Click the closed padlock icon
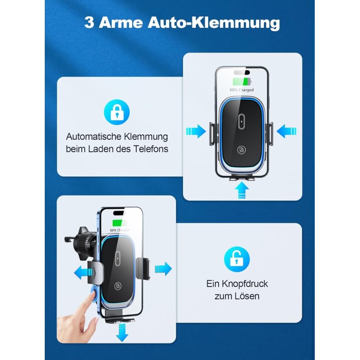point(117,112)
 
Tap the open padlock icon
point(237,259)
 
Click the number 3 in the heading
point(89,23)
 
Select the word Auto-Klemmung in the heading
point(214,23)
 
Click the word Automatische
point(94,137)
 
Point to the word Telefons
point(151,149)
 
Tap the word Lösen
point(249,296)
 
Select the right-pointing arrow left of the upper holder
point(196,131)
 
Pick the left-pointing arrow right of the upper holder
point(286,131)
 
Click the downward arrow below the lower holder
point(122,332)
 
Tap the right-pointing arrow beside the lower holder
point(163,268)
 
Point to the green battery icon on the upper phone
point(242,81)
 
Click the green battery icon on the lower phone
point(119,223)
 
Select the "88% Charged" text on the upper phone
point(242,90)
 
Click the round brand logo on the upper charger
point(241,150)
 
